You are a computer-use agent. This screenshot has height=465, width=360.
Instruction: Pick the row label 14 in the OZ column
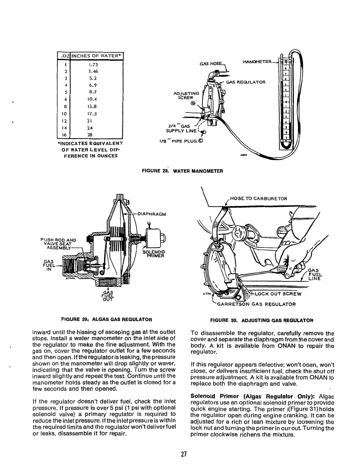point(66,128)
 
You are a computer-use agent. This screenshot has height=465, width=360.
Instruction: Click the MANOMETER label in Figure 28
point(257,62)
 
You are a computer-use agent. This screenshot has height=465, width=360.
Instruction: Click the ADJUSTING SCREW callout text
point(186,95)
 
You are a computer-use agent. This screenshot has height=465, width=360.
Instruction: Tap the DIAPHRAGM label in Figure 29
point(151,214)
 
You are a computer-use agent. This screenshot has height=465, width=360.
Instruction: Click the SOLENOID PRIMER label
point(154,254)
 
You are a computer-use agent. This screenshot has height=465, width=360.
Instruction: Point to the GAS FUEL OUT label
point(108,296)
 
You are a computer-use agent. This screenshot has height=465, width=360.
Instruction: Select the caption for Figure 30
point(262,320)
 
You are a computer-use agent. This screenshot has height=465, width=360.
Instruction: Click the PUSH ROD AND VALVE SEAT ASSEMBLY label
point(59,244)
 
